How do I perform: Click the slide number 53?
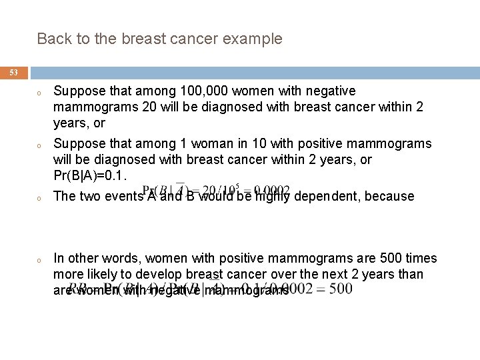coord(14,72)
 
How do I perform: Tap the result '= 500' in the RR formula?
coord(330,290)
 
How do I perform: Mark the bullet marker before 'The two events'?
coord(40,198)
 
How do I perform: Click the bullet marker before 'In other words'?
coord(40,260)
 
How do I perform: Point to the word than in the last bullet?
coord(411,275)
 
